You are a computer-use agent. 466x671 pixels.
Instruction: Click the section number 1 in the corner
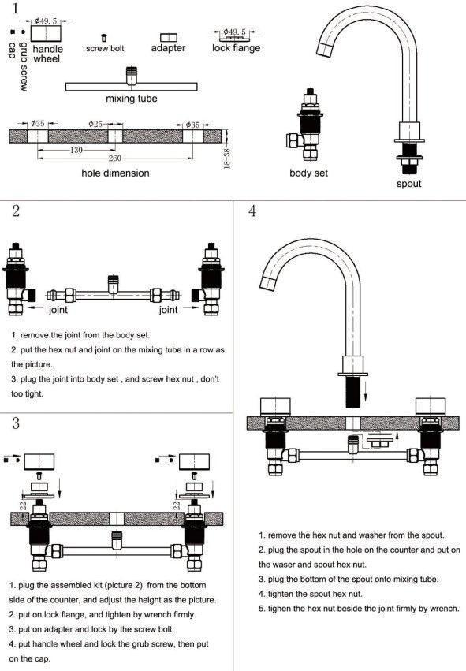pyautogui.click(x=16, y=8)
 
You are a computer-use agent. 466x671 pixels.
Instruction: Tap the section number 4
pyautogui.click(x=252, y=211)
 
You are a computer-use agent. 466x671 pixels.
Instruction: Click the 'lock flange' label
pyautogui.click(x=237, y=48)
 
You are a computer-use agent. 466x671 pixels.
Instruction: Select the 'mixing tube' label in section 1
pyautogui.click(x=132, y=99)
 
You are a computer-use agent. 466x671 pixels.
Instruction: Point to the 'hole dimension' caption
pyautogui.click(x=116, y=173)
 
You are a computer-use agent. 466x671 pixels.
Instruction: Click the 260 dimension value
pyautogui.click(x=114, y=158)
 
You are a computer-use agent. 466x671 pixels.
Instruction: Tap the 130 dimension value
pyautogui.click(x=76, y=150)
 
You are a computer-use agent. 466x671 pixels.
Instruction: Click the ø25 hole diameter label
pyautogui.click(x=96, y=124)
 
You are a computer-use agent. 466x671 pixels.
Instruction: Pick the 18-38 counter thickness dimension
pyautogui.click(x=227, y=158)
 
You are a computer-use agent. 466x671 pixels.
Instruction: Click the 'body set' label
pyautogui.click(x=308, y=173)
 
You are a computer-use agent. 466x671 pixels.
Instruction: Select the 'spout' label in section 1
pyautogui.click(x=408, y=184)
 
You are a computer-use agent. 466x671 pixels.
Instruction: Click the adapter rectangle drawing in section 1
pyautogui.click(x=169, y=37)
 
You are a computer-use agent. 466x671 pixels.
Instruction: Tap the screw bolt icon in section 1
pyautogui.click(x=103, y=38)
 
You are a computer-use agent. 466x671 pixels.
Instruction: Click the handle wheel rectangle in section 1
pyautogui.click(x=46, y=34)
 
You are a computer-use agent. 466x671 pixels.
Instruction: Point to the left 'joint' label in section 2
pyautogui.click(x=58, y=309)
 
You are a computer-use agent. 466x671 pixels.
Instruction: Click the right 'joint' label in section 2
pyautogui.click(x=168, y=309)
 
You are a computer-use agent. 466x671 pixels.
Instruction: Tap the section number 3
pyautogui.click(x=16, y=423)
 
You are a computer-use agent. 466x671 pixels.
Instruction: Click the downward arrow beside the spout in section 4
pyautogui.click(x=365, y=390)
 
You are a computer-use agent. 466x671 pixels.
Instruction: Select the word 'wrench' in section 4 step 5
pyautogui.click(x=445, y=609)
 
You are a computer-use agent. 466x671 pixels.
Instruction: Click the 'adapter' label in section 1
pyautogui.click(x=168, y=48)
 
